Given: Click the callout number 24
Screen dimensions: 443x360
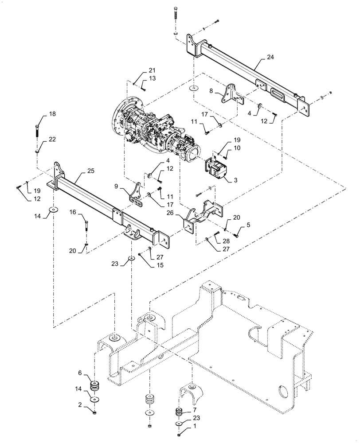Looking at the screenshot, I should coord(271,58).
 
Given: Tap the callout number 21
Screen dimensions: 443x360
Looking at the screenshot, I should coord(152,71).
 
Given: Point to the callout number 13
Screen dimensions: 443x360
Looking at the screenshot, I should coord(152,78).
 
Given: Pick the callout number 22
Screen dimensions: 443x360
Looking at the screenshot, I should coord(52,139).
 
